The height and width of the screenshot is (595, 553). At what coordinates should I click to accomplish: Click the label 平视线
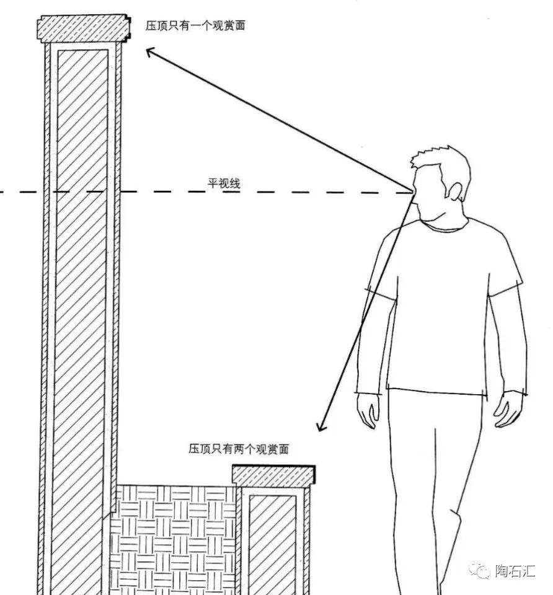point(223,183)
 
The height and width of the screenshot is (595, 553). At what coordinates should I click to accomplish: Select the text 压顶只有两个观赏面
point(239,449)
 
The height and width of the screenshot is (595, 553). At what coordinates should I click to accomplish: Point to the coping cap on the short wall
point(273,475)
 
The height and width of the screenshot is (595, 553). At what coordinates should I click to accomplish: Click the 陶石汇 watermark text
point(514,571)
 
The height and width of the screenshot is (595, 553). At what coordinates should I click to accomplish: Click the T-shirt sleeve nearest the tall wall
point(379,267)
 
